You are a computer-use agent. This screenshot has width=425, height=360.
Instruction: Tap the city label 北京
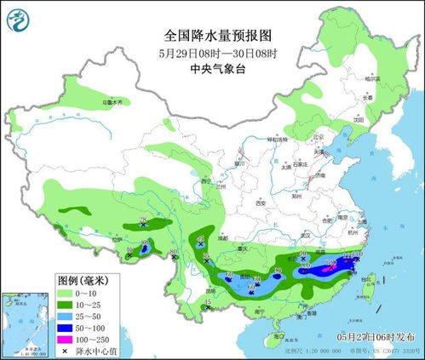pyautogui.click(x=319, y=136)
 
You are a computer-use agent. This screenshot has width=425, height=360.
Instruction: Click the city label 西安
pyautogui.click(x=261, y=203)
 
